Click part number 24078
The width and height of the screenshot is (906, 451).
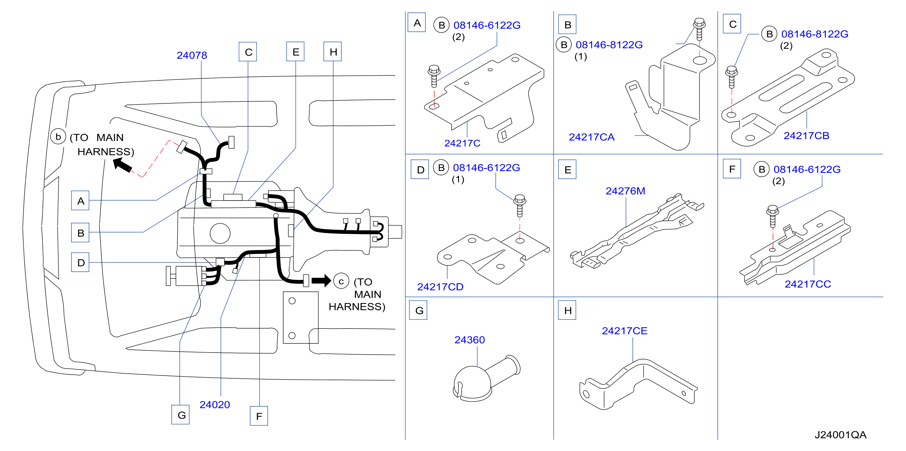(192, 55)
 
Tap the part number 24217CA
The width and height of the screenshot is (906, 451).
(592, 137)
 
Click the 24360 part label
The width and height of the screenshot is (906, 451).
(470, 339)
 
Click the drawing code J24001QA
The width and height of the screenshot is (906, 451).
(841, 435)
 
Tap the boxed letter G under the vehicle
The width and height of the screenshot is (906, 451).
(180, 415)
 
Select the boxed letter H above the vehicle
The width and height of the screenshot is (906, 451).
(332, 52)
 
